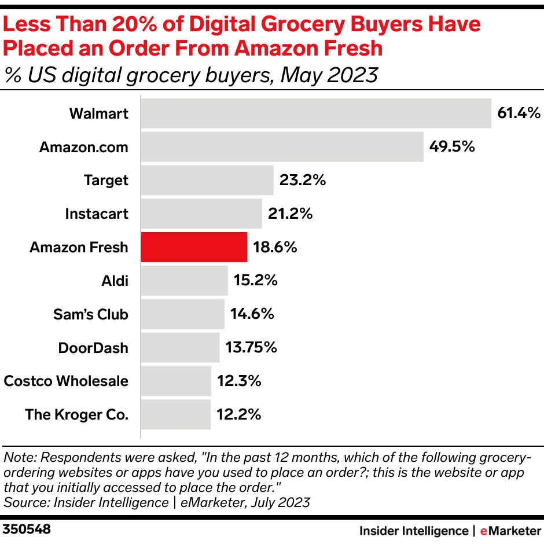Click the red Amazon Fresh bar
[x=194, y=248]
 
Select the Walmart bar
[x=316, y=113]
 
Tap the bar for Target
[x=207, y=181]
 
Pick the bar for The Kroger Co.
[x=176, y=415]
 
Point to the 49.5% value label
[x=452, y=147]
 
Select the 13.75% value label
[x=251, y=348]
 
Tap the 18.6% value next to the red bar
[x=275, y=248]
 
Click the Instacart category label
[x=97, y=214]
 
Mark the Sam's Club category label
[x=90, y=315]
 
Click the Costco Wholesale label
[x=66, y=381]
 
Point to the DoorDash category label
[x=93, y=348]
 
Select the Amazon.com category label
[x=83, y=147]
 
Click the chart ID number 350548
[x=27, y=530]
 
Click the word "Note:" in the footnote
[x=19, y=457]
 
